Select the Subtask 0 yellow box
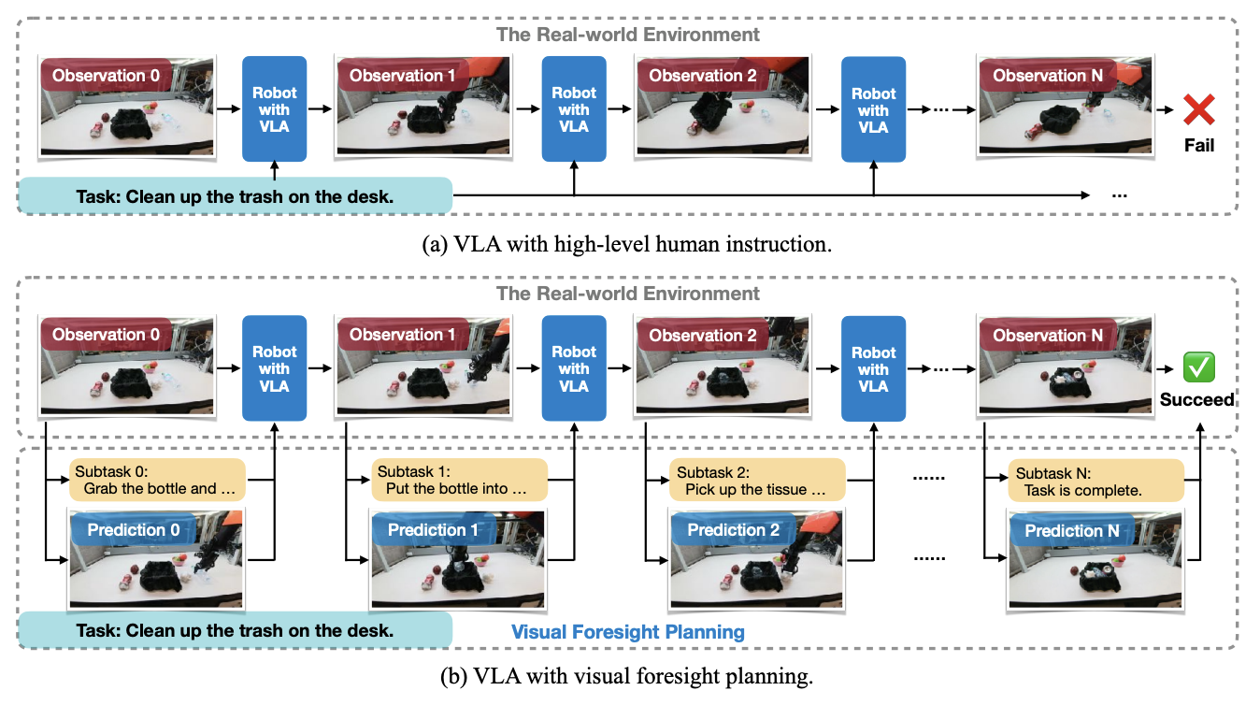[x=156, y=480]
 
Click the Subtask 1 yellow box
[x=456, y=480]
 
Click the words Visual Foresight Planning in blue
[x=627, y=632]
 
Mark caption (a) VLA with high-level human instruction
[x=628, y=245]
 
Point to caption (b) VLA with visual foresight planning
[x=628, y=675]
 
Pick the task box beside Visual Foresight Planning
[x=235, y=630]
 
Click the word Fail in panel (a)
[x=1198, y=146]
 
